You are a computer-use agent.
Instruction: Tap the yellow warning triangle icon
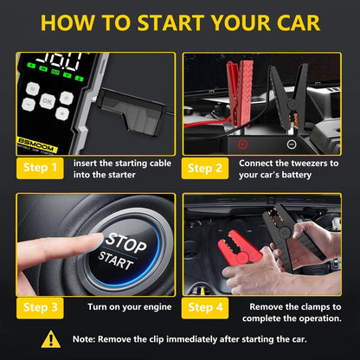pos(51,338)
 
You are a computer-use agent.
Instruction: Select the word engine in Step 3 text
pos(151,306)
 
